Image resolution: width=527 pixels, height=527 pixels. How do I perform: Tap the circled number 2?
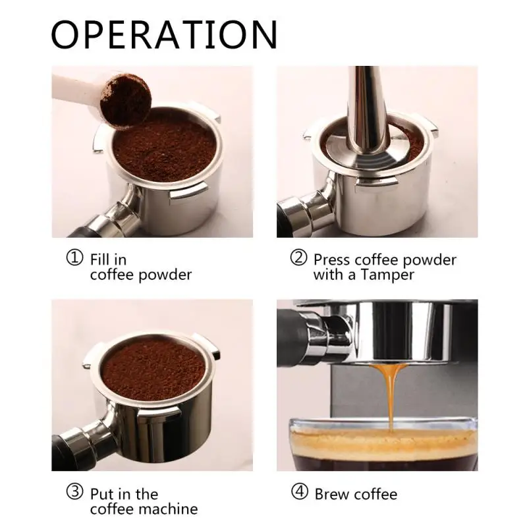[x=299, y=258]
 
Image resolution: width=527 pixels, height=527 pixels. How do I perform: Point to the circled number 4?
[x=299, y=493]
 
